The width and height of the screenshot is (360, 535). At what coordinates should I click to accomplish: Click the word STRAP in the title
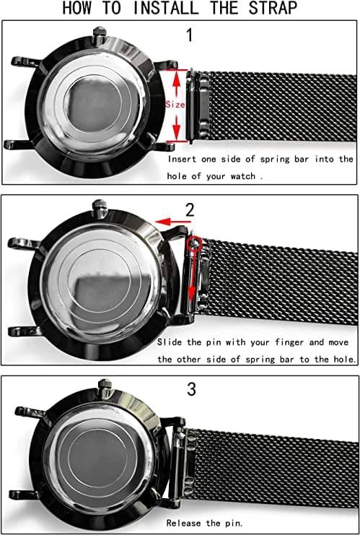pyautogui.click(x=273, y=8)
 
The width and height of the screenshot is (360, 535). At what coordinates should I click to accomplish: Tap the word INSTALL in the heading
pyautogui.click(x=166, y=8)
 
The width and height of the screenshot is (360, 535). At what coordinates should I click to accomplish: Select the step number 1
pyautogui.click(x=190, y=35)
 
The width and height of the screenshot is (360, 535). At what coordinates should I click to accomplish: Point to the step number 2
pyautogui.click(x=190, y=211)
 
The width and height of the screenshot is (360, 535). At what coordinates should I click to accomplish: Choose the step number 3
pyautogui.click(x=191, y=390)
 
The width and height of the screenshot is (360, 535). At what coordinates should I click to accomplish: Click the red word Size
pyautogui.click(x=175, y=105)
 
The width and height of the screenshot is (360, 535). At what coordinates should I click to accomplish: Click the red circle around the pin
pyautogui.click(x=195, y=243)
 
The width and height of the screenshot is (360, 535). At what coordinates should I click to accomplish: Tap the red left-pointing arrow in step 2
pyautogui.click(x=171, y=222)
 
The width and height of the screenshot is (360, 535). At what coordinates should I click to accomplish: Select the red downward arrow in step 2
pyautogui.click(x=193, y=277)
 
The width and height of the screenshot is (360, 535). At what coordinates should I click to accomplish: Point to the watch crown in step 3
pyautogui.click(x=105, y=387)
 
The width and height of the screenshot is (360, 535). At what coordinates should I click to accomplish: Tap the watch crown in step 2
pyautogui.click(x=100, y=208)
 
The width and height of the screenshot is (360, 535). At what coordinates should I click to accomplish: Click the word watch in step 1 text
pyautogui.click(x=242, y=176)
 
